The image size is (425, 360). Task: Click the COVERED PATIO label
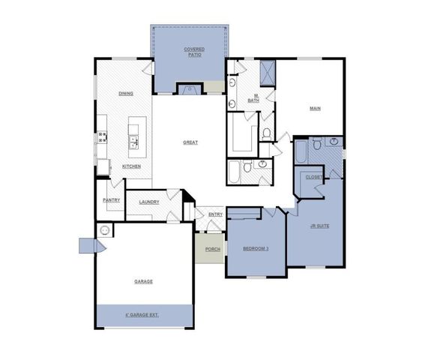194,52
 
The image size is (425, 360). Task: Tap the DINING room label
126,93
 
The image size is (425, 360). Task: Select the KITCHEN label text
131,166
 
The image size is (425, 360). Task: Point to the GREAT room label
190,142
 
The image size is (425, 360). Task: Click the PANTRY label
111,200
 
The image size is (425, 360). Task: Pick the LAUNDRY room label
148,201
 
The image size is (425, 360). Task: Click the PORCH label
213,248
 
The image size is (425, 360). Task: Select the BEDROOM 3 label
255,248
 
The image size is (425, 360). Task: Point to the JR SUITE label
320,224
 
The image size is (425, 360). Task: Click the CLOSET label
314,177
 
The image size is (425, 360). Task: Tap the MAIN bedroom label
316,109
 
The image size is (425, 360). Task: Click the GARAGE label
143,281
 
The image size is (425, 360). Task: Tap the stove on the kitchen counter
101,136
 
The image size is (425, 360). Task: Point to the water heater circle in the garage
106,231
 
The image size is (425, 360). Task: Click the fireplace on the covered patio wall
189,89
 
